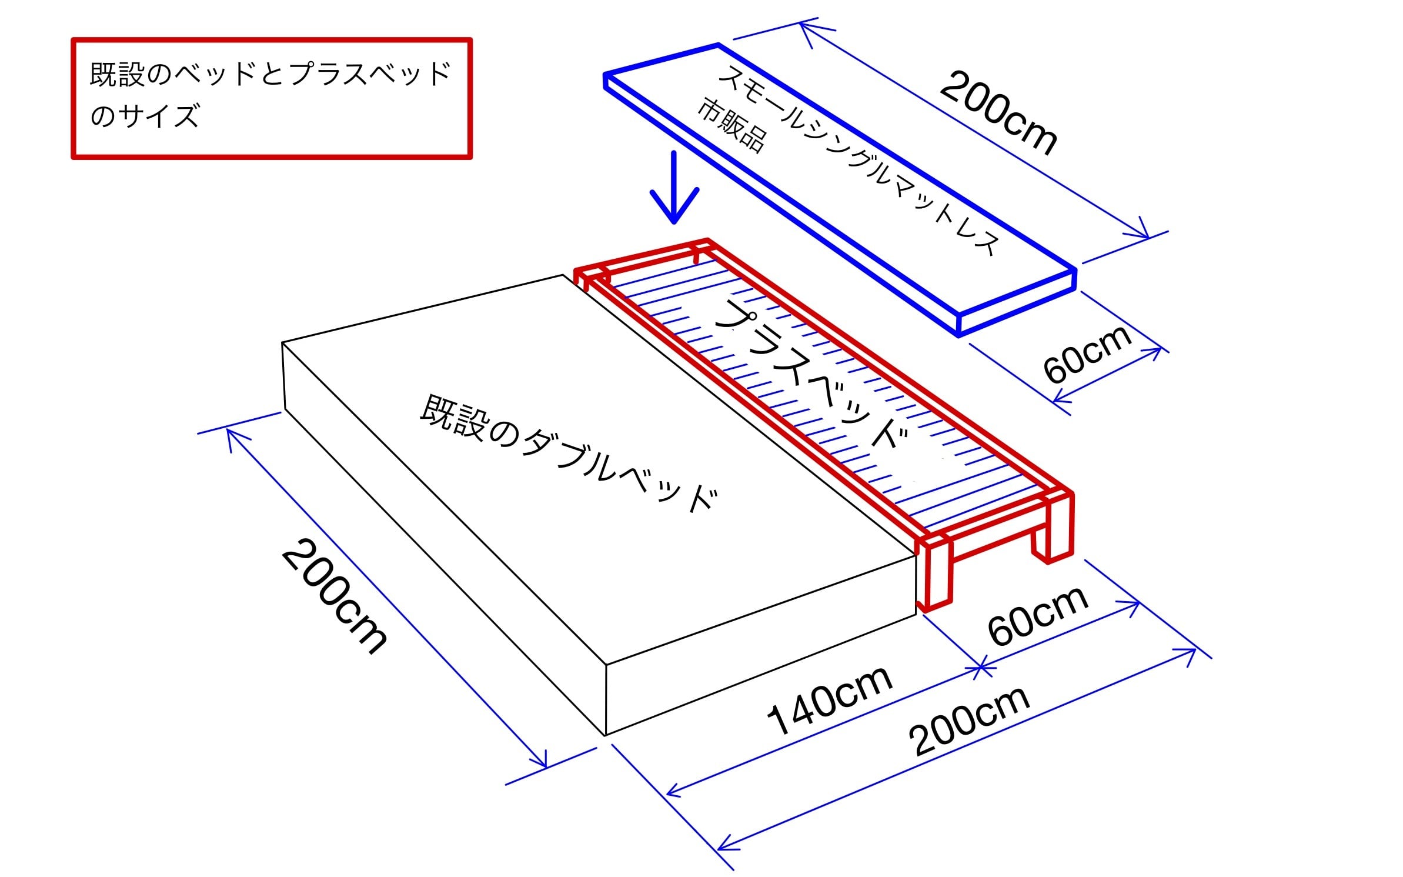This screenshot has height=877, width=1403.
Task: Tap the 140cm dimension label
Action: (829, 700)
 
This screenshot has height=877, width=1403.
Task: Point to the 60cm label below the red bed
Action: (1038, 615)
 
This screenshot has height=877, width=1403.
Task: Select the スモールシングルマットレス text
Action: (858, 159)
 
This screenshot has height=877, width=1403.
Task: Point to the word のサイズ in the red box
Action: (145, 116)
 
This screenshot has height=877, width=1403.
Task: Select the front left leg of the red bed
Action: (935, 576)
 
